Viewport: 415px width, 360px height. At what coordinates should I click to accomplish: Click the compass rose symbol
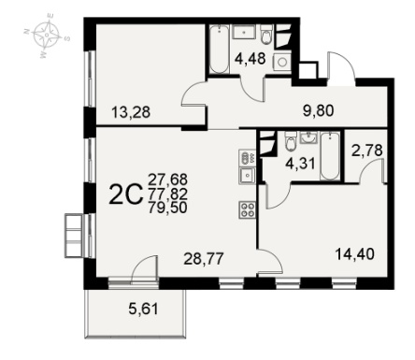(x=47, y=36)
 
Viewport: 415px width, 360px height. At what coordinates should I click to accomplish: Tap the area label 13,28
(x=131, y=112)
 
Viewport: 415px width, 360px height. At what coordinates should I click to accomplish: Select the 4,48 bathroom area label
(x=250, y=58)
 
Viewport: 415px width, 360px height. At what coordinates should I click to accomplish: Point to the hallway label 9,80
(x=319, y=110)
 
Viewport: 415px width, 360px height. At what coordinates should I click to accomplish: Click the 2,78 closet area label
(x=366, y=151)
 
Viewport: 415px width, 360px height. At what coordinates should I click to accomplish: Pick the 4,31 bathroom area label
(x=300, y=164)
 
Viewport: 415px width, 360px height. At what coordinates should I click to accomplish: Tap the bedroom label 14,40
(x=354, y=254)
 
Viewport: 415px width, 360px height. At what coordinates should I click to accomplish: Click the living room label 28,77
(x=204, y=259)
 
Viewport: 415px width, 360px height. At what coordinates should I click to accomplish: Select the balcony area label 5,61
(x=144, y=309)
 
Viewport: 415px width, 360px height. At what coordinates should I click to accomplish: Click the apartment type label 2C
(x=126, y=194)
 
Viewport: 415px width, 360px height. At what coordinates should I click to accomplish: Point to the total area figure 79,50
(x=167, y=208)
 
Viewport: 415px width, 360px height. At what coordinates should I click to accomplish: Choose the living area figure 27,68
(x=167, y=180)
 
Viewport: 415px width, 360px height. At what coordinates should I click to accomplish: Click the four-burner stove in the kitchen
(x=248, y=209)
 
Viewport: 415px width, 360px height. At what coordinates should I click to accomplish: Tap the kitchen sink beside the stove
(x=248, y=175)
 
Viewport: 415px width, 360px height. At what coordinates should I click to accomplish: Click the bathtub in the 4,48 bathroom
(x=219, y=50)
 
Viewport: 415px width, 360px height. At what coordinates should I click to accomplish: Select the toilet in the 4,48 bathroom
(x=266, y=35)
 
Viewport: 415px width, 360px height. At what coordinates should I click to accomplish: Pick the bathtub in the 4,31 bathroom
(x=330, y=156)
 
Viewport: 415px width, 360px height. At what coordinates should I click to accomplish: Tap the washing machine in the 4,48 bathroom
(x=282, y=62)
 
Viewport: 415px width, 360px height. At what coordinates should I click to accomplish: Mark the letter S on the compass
(x=66, y=38)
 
